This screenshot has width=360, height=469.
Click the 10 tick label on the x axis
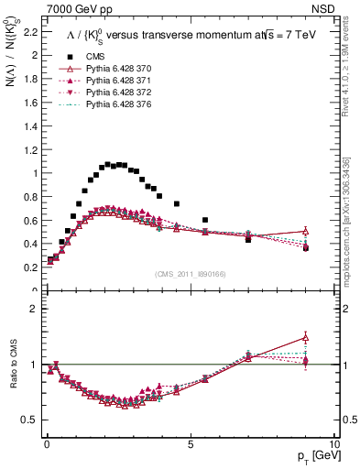click(333, 443)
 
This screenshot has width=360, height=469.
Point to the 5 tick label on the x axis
click(190, 443)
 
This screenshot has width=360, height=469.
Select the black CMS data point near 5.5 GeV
click(205, 220)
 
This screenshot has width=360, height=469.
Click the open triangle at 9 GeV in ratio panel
click(306, 337)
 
